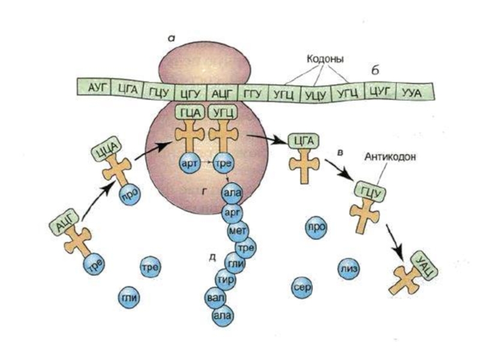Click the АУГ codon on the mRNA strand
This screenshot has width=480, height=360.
click(x=94, y=88)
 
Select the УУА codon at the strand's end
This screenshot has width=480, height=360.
click(x=415, y=92)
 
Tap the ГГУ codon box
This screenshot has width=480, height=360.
click(x=253, y=94)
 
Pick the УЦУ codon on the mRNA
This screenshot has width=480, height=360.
click(x=316, y=94)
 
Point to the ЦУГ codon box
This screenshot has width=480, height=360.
click(x=380, y=91)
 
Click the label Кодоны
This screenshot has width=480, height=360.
click(x=325, y=58)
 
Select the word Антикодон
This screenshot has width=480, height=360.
click(x=391, y=157)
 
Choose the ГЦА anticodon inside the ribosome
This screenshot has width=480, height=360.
click(x=190, y=113)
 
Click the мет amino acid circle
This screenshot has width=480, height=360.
click(x=238, y=230)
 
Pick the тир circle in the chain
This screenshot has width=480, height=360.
click(x=226, y=279)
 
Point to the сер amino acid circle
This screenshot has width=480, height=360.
click(x=302, y=287)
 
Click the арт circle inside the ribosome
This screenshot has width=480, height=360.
click(x=190, y=163)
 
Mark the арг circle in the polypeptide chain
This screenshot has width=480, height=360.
click(x=232, y=211)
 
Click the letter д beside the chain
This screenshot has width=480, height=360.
click(x=212, y=257)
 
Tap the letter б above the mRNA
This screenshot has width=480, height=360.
click(x=376, y=70)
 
